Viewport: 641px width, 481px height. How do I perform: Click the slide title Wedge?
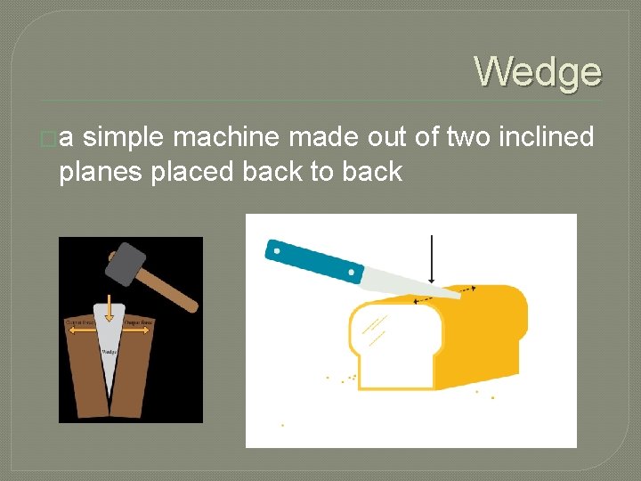click(538, 71)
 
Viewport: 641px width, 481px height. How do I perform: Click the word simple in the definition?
click(125, 137)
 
